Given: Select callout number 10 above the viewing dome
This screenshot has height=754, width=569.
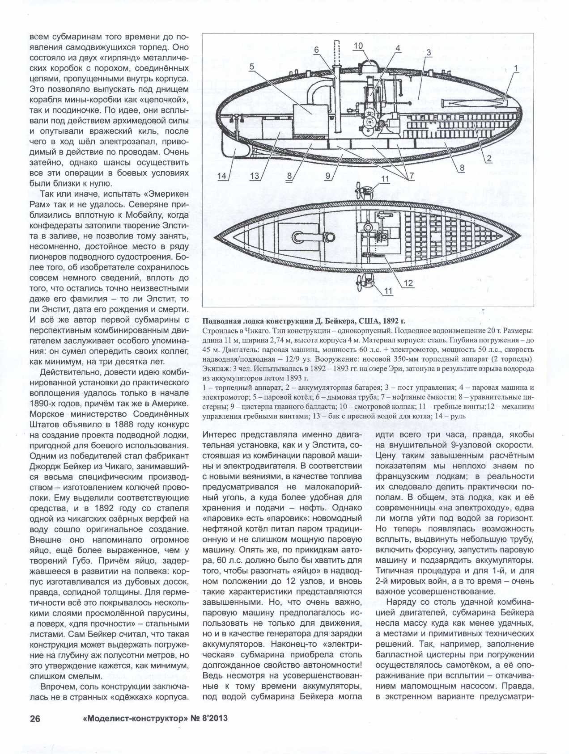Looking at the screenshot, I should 358,46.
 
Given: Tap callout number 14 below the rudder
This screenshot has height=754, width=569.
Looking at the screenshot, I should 222,176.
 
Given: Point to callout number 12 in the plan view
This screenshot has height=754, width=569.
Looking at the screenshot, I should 408,283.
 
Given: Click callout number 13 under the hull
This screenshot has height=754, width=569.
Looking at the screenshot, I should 255,176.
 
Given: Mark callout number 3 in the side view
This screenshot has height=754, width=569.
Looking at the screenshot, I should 428,53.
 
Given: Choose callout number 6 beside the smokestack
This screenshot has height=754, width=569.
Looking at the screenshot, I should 316,50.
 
